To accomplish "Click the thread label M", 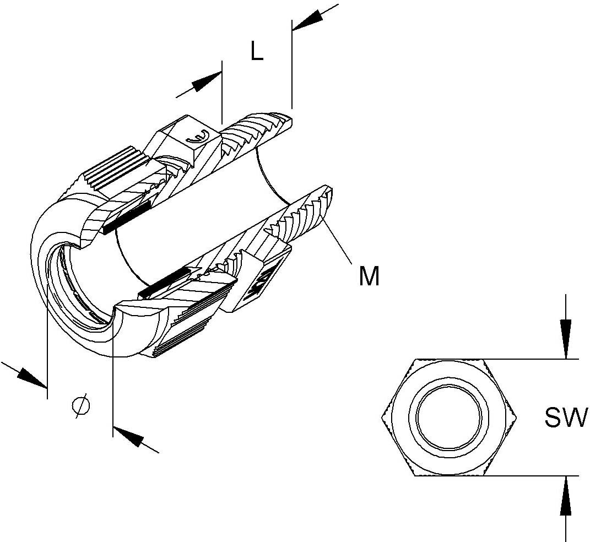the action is coord(369,277).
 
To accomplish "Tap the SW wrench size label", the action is coord(566,418).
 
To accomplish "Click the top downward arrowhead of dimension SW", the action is coord(566,339).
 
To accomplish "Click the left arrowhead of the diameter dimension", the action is coord(33,377).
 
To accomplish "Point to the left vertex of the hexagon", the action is coord(382,418).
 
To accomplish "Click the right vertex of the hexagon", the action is coord(517,417).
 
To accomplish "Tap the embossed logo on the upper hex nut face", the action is coord(198,137).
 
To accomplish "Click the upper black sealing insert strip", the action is coord(127,216).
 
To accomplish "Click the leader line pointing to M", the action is coord(336,241).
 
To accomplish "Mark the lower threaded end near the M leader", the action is coord(301,214).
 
